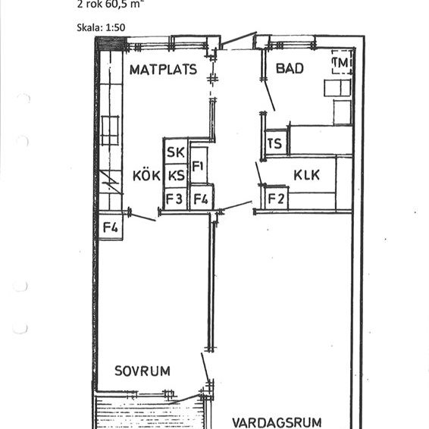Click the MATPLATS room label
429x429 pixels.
[x=163, y=70]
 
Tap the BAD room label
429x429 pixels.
[x=289, y=68]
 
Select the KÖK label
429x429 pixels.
[x=146, y=176]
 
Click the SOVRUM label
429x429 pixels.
[x=142, y=371]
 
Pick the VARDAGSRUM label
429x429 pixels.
[x=277, y=422]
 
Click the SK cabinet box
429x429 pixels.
[x=175, y=152]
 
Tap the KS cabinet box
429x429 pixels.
[x=176, y=176]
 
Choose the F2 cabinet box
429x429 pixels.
[x=275, y=199]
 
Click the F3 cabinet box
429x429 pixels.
[x=175, y=199]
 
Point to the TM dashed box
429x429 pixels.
[x=342, y=62]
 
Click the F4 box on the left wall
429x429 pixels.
[x=111, y=226]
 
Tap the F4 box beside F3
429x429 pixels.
[x=201, y=200]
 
